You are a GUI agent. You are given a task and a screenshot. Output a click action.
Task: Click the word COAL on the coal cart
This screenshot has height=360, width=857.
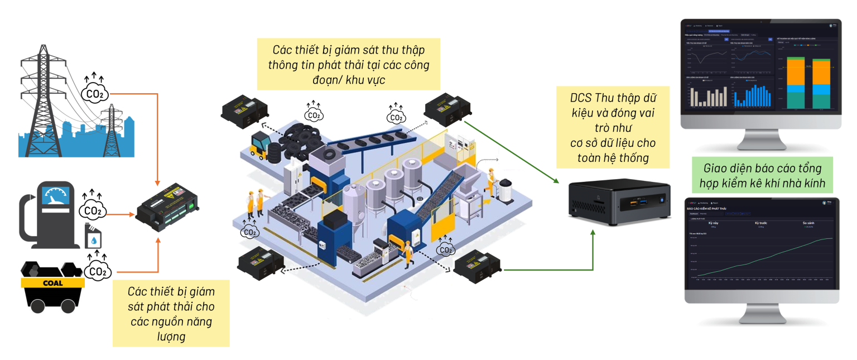point(52,283)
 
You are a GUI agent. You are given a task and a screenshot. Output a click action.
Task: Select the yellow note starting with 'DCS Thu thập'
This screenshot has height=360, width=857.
point(612,127)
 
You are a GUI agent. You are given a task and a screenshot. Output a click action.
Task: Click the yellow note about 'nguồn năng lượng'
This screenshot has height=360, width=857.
point(171,313)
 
